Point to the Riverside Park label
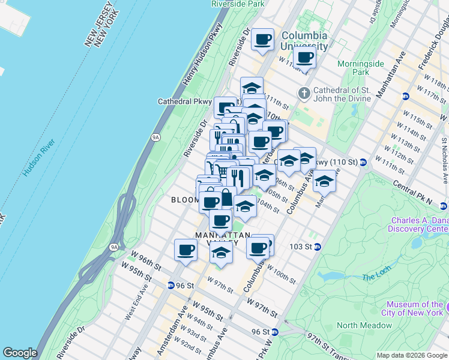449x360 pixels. (x=238, y=4)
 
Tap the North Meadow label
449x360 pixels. (x=364, y=326)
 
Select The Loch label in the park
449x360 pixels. (x=376, y=277)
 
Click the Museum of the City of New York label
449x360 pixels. (x=415, y=308)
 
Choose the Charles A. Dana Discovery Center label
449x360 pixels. (x=418, y=224)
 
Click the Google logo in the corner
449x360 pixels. (x=20, y=353)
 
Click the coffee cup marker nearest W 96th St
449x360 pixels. (x=185, y=250)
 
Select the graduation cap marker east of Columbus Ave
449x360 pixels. (x=324, y=181)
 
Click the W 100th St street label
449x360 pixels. (x=281, y=274)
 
